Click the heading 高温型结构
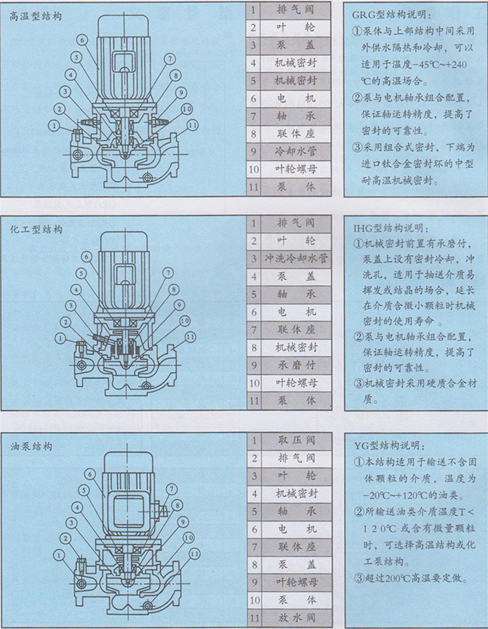click(x=36, y=17)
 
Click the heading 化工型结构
click(x=36, y=229)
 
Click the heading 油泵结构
click(x=31, y=446)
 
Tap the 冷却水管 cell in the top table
click(x=296, y=151)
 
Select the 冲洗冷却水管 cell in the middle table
click(x=296, y=258)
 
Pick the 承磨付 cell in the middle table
click(x=296, y=365)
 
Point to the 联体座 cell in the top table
click(x=296, y=134)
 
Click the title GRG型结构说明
click(x=392, y=15)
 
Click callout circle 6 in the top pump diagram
click(x=82, y=40)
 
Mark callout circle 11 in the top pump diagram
click(x=193, y=126)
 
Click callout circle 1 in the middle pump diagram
click(x=61, y=339)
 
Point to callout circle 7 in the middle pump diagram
click(x=167, y=273)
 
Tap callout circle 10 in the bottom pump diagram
click(x=188, y=538)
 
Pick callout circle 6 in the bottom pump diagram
click(x=90, y=475)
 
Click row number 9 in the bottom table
click(x=254, y=582)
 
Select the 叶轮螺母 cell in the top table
click(x=296, y=169)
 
